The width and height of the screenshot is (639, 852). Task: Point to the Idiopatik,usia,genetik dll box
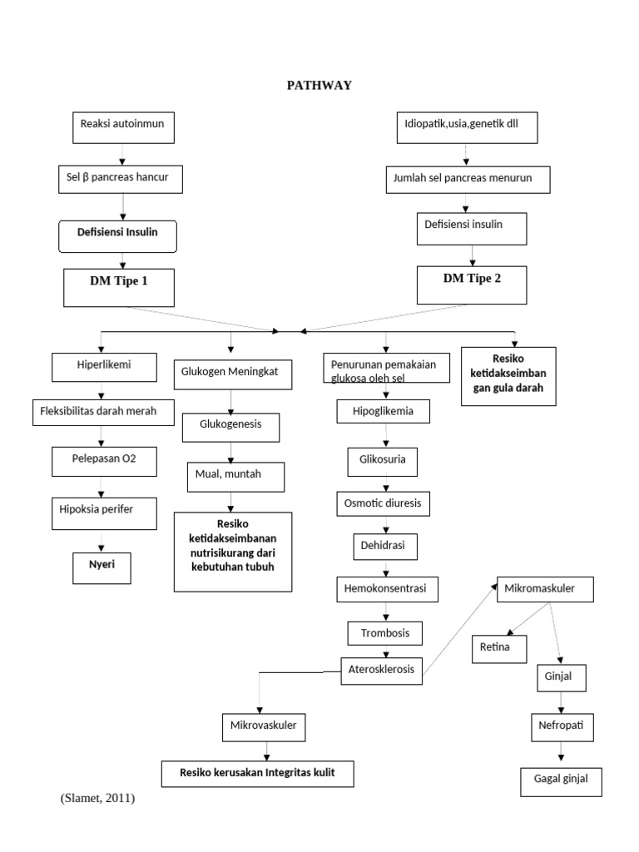coord(466,129)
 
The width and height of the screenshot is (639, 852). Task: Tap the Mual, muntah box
coord(235,477)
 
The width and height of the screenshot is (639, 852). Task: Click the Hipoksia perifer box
coord(103,512)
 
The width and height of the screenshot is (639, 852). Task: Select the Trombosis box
coord(385,633)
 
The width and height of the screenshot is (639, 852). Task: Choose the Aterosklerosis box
coord(382,671)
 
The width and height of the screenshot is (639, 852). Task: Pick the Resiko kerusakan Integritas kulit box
coord(257,773)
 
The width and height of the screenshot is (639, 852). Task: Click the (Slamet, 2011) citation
coord(97,799)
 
